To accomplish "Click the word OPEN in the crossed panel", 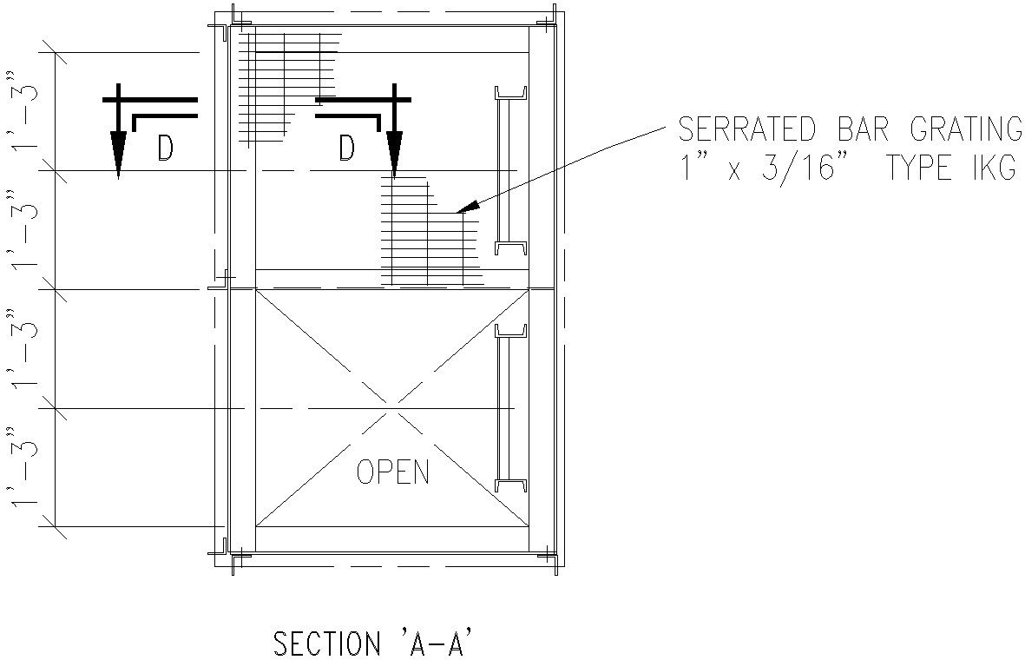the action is [393, 471].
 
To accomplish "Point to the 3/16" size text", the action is [806, 168].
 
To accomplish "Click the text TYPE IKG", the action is [951, 168].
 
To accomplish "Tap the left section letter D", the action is [166, 148].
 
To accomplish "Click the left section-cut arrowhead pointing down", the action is [118, 155].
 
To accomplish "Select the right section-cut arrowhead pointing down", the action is [394, 155].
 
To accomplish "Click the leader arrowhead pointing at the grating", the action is [469, 206].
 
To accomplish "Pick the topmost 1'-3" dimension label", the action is [22, 110].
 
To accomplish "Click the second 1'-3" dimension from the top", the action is [22, 229].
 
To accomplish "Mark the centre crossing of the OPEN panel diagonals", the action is [391, 408].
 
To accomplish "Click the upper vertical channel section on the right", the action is [510, 170].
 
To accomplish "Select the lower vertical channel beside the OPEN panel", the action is [510, 407].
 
